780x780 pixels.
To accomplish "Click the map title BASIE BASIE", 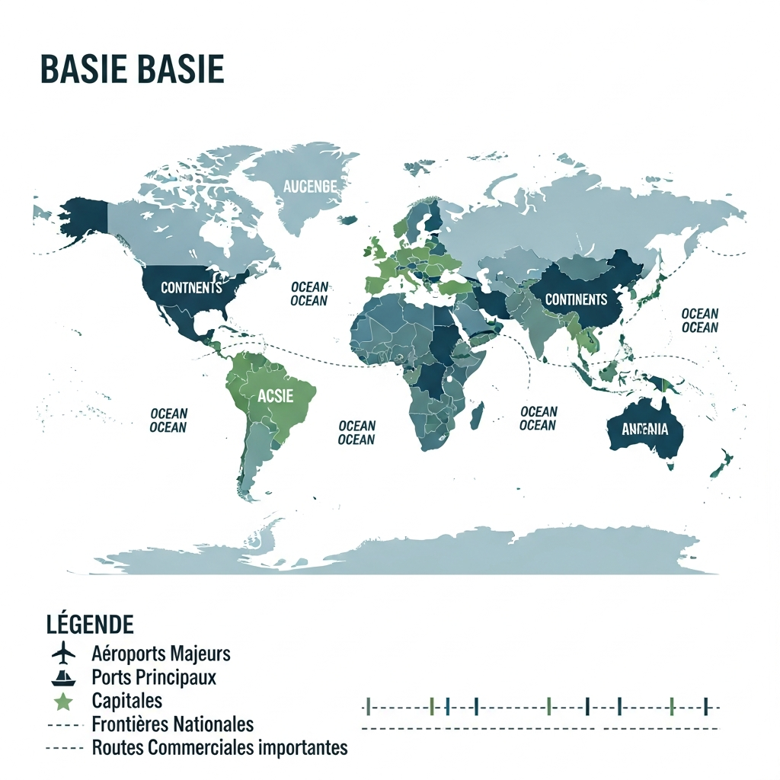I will [132, 69].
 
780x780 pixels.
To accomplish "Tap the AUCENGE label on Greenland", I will [309, 185].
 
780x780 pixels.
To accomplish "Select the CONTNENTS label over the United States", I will [191, 288].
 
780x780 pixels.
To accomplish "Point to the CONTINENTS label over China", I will [577, 299].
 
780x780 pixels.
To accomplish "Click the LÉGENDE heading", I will [90, 625].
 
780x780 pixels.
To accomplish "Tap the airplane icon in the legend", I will [64, 654].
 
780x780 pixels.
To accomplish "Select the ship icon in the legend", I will [64, 677].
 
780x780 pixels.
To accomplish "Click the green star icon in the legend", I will [64, 701].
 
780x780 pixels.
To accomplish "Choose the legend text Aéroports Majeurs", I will [161, 654].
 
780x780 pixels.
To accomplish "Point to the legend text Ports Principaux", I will [153, 677].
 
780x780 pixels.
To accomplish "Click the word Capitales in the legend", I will [126, 701].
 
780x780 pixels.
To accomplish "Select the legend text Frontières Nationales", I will [172, 724].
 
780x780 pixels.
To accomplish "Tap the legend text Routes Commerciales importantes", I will [219, 748].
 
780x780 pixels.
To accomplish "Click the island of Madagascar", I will [478, 416].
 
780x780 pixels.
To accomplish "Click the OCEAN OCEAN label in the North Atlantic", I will [309, 294].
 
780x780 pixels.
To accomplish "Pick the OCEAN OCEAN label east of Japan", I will [699, 321].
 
